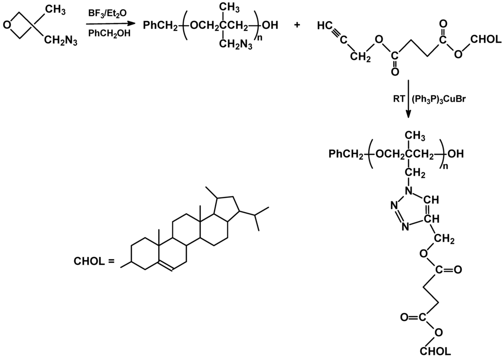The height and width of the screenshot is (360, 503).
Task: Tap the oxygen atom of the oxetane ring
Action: coord(6,24)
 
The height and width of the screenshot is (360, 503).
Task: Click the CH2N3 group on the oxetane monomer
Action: coord(61,41)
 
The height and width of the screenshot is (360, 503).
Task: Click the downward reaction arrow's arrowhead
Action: coord(408,115)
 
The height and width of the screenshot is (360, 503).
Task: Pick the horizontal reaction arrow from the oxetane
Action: coord(109,24)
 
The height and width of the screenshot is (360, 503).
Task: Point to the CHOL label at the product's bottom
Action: coord(435,352)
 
